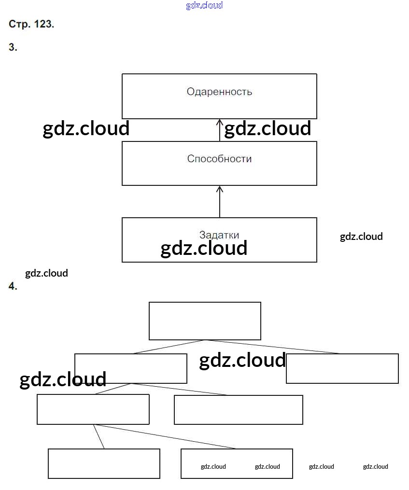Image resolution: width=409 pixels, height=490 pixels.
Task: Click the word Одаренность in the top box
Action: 219,92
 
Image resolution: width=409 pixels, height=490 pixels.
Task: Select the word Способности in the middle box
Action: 219,159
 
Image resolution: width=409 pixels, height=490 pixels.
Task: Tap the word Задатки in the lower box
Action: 219,235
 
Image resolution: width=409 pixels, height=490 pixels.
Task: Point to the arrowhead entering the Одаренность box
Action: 220,123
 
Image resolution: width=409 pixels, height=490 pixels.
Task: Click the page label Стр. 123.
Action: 31,24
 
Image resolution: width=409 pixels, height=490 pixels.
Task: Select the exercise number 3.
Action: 13,47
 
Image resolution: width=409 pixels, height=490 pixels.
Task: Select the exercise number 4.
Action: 13,286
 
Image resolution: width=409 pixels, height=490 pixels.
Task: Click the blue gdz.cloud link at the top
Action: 204,6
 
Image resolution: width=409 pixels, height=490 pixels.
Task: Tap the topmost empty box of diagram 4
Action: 205,321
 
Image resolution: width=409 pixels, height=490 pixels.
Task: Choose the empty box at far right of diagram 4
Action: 342,368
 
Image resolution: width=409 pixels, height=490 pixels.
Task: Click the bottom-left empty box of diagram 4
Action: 104,463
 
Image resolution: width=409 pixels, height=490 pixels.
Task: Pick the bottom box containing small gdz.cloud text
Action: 237,463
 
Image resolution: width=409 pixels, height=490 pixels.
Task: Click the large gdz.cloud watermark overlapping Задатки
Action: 204,248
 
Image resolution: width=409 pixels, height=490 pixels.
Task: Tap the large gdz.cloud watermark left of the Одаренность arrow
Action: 86,129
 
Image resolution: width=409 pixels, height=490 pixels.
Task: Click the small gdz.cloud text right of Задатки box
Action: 361,237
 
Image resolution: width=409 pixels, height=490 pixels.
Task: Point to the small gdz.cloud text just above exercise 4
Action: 46,273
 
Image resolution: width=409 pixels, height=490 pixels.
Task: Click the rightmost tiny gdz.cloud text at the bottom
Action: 375,466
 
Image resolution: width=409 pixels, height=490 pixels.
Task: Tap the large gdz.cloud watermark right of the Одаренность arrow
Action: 268,129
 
